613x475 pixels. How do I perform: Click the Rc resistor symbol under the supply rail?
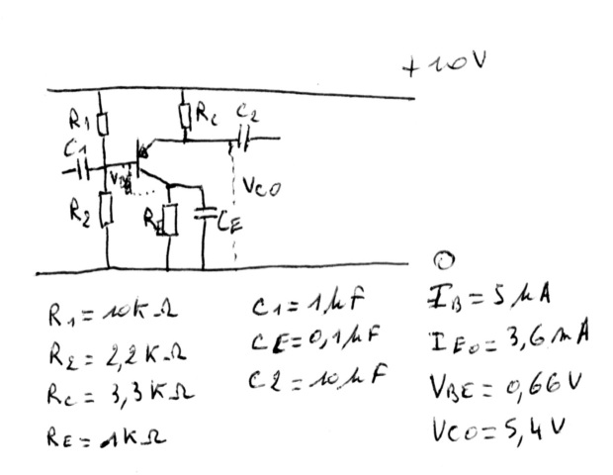(185, 117)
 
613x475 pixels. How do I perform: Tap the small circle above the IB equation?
(443, 260)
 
